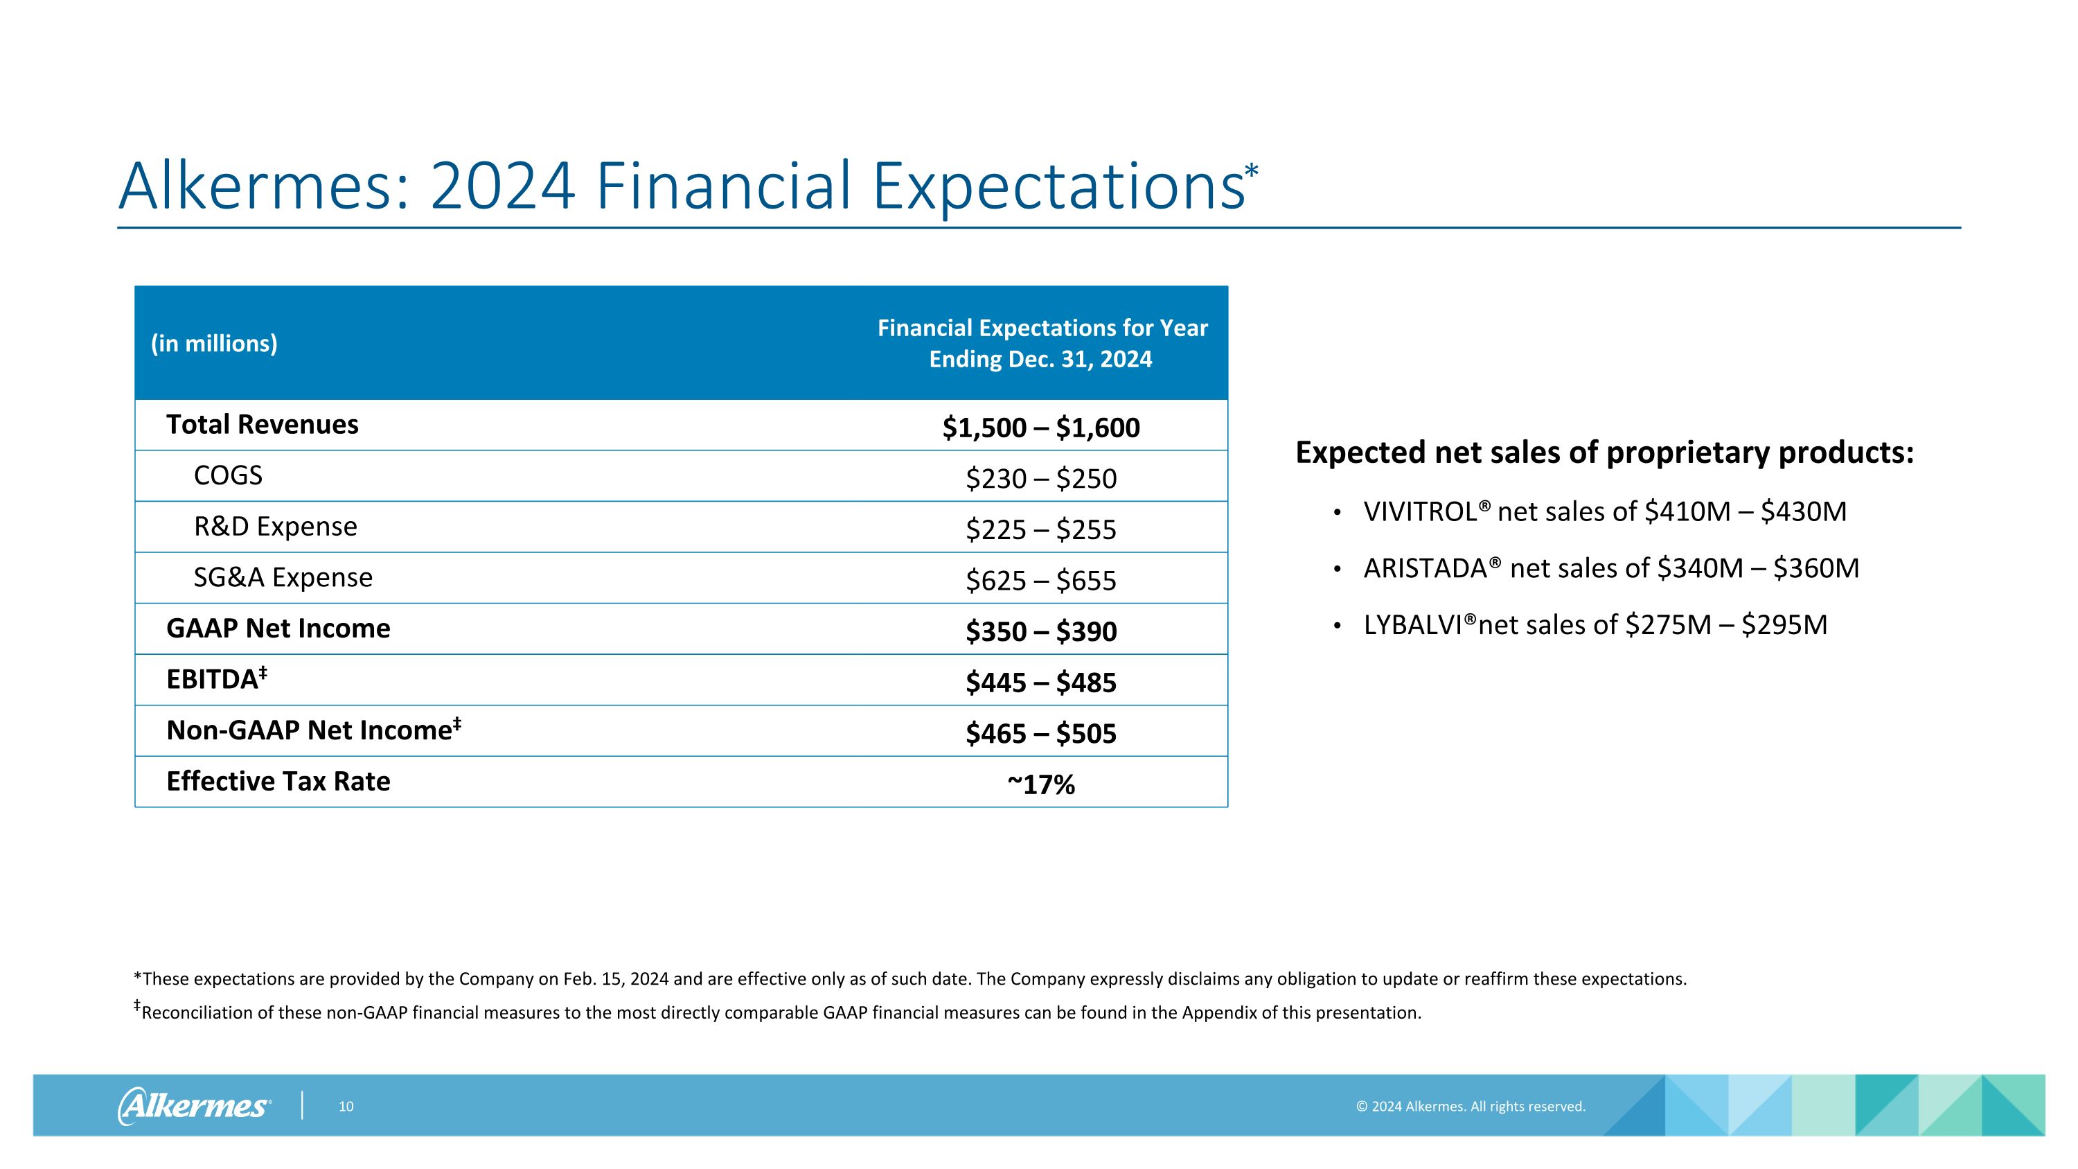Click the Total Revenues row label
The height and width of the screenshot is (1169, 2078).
(262, 424)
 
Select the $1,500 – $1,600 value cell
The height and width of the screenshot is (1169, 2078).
(1040, 428)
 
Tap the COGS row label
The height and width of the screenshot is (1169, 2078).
(229, 475)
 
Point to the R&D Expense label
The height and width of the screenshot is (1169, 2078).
(275, 526)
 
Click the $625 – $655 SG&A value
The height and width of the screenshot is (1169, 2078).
(1040, 581)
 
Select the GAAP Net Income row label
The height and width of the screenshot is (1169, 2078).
(278, 628)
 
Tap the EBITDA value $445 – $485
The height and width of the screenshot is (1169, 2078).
(1040, 683)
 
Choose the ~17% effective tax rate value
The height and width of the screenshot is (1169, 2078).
(1040, 784)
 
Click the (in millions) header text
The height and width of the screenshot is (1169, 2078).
(214, 344)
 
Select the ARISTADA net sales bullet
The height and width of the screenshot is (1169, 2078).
(1610, 569)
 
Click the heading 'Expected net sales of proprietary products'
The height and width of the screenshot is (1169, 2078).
(1604, 452)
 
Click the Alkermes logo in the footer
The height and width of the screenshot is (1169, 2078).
(195, 1106)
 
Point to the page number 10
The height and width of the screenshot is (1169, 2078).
(346, 1107)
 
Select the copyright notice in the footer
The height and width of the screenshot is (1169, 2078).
(1470, 1107)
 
